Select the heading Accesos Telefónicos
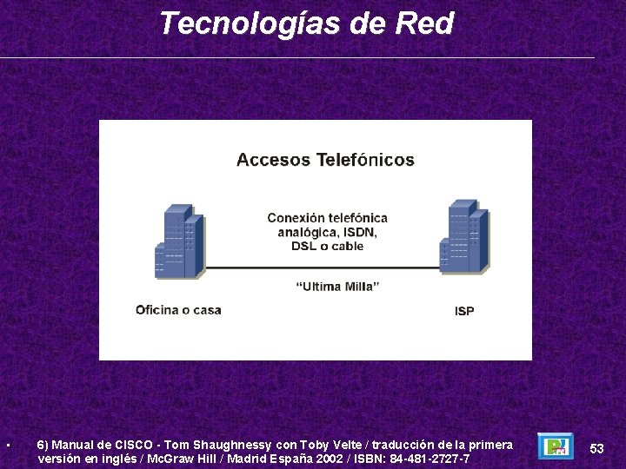coord(325,160)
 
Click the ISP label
coord(464,311)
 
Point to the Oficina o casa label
coord(178,310)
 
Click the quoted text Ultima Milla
coord(337,287)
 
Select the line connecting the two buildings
coord(322,268)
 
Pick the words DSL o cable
coord(327,246)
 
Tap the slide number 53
coord(596,449)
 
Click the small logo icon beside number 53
coord(555,446)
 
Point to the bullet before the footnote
coord(7,446)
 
